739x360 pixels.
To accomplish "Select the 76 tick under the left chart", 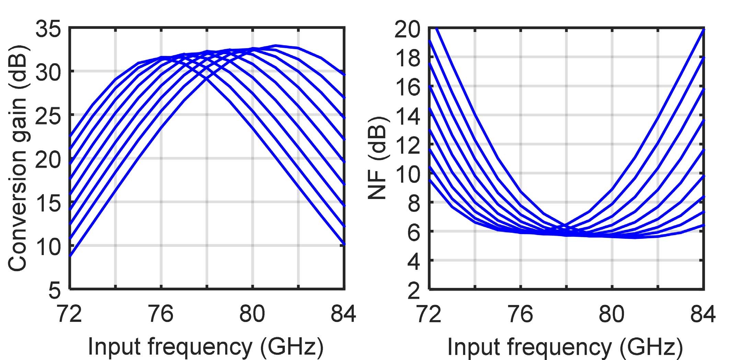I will (x=161, y=314).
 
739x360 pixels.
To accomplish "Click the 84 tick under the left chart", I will (x=344, y=314).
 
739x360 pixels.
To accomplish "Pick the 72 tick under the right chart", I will (x=429, y=314).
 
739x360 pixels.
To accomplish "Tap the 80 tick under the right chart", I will (x=612, y=314).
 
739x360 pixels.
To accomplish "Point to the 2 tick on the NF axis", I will (x=414, y=290).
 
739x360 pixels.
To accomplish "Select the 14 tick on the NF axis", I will (x=407, y=116).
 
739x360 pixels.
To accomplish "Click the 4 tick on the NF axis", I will (x=414, y=261).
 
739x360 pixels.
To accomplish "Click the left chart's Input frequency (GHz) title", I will (x=206, y=347).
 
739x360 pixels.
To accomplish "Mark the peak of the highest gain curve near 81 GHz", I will (x=276, y=45).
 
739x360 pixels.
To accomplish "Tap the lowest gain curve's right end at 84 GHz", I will (x=344, y=244).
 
